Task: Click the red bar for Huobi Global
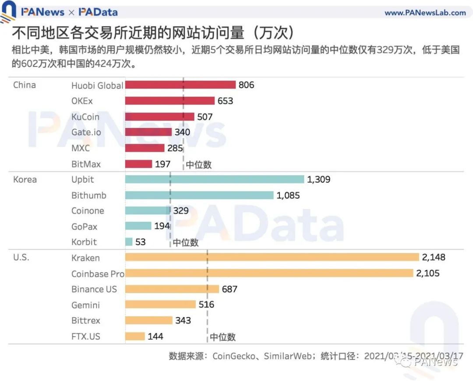(x=180, y=85)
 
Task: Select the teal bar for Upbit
(x=215, y=180)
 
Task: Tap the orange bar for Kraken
(x=272, y=258)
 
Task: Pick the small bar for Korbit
(x=129, y=242)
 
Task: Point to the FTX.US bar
(x=135, y=336)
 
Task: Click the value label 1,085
(x=288, y=195)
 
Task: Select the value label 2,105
(x=427, y=273)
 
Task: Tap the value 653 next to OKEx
(x=225, y=101)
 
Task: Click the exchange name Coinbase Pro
(x=98, y=274)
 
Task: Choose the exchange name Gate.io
(x=86, y=132)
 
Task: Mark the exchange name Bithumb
(x=89, y=195)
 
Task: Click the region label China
(x=25, y=85)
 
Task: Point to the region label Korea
(x=25, y=180)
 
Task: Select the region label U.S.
(x=21, y=258)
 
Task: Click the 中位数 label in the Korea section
(x=186, y=243)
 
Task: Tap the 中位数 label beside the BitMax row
(x=199, y=165)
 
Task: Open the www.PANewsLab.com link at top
(x=425, y=13)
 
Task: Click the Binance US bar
(x=172, y=289)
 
